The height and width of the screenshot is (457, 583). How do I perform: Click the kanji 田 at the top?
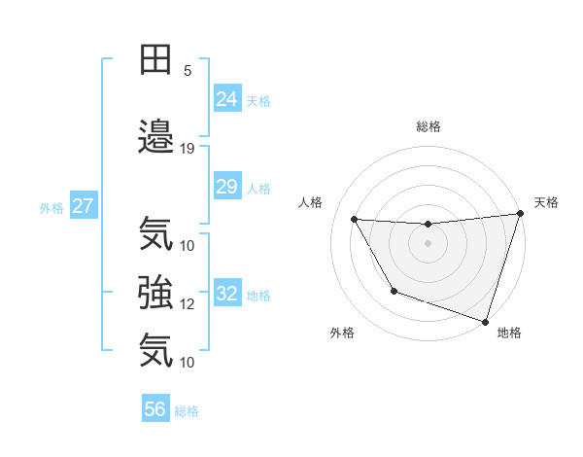(x=155, y=59)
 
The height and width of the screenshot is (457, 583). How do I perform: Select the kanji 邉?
(x=155, y=134)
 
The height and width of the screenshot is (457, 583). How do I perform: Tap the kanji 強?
(x=155, y=291)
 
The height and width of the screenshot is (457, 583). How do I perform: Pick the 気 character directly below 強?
(x=155, y=349)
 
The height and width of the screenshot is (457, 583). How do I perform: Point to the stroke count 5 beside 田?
(x=188, y=70)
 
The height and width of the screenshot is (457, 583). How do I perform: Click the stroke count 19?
(x=188, y=148)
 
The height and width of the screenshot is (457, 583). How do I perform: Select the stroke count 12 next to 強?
(x=188, y=303)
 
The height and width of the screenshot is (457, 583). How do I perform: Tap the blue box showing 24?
(x=226, y=98)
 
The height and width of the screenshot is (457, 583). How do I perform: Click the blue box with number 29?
(x=226, y=187)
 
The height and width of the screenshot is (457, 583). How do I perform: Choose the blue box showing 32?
(x=226, y=294)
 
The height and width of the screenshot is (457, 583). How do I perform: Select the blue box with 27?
(x=84, y=206)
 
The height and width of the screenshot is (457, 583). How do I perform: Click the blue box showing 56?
(x=155, y=410)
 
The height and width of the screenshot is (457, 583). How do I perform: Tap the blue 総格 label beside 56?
(x=188, y=411)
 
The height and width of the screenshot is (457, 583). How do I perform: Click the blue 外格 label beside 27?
(x=51, y=207)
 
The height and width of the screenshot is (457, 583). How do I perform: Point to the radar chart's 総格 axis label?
(x=429, y=126)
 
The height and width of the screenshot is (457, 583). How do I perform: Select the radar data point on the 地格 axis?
(x=485, y=321)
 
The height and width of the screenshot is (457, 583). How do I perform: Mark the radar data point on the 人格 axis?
(x=355, y=220)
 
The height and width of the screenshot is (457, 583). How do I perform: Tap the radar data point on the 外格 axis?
(x=394, y=291)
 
